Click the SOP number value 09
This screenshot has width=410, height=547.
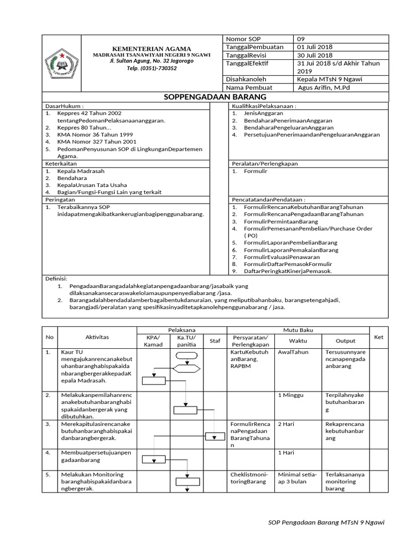[302, 39]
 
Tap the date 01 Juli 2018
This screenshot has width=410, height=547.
[315, 47]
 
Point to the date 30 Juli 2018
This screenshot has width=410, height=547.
[315, 55]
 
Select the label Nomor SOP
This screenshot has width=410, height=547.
[242, 39]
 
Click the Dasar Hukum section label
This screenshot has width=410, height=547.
[65, 106]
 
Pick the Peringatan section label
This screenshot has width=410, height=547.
[60, 199]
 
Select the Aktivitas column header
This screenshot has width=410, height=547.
[97, 337]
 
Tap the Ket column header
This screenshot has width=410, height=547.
[379, 337]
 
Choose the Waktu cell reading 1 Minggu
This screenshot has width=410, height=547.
[290, 395]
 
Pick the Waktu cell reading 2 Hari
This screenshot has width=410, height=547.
[287, 424]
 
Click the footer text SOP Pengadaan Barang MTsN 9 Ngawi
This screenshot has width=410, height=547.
[326, 522]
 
